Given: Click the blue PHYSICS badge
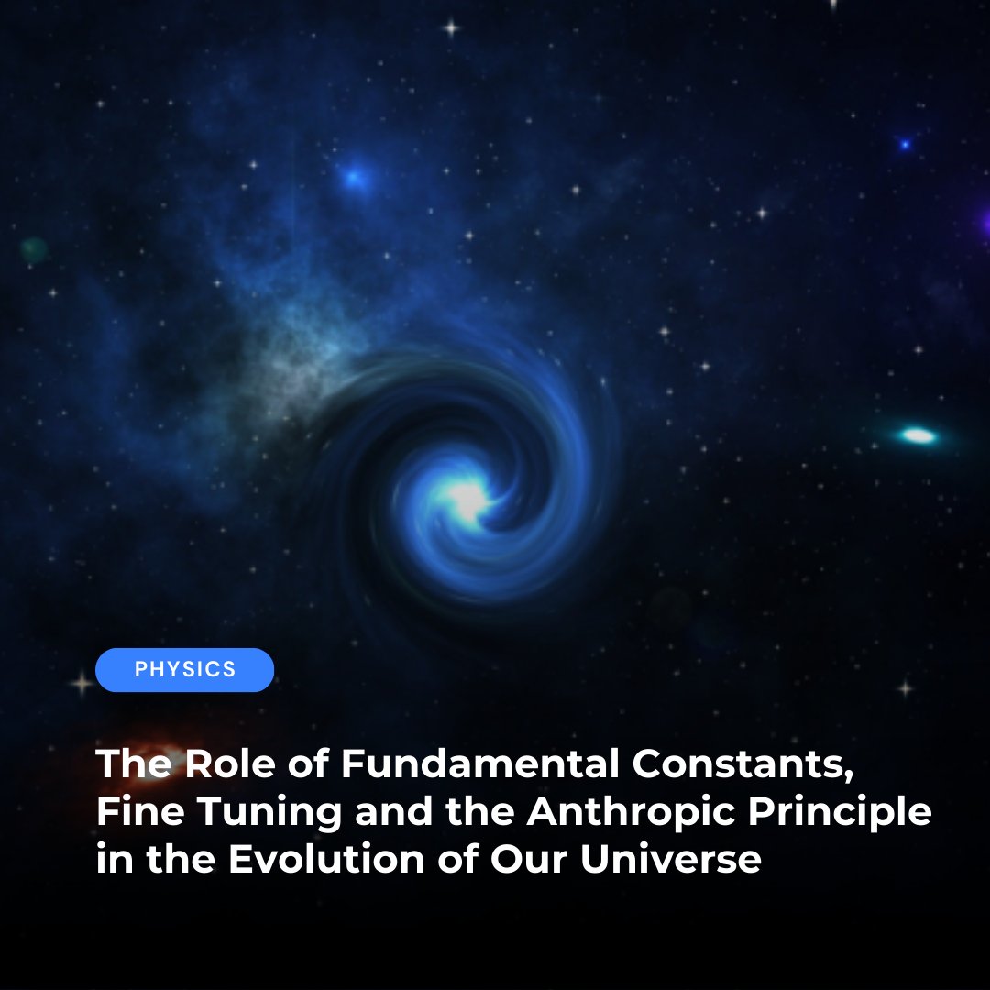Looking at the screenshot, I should [x=184, y=670].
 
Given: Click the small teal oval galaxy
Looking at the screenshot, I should [x=918, y=435].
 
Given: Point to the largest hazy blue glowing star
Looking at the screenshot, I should [x=353, y=177].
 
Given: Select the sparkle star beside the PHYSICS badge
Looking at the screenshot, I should [x=82, y=683].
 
